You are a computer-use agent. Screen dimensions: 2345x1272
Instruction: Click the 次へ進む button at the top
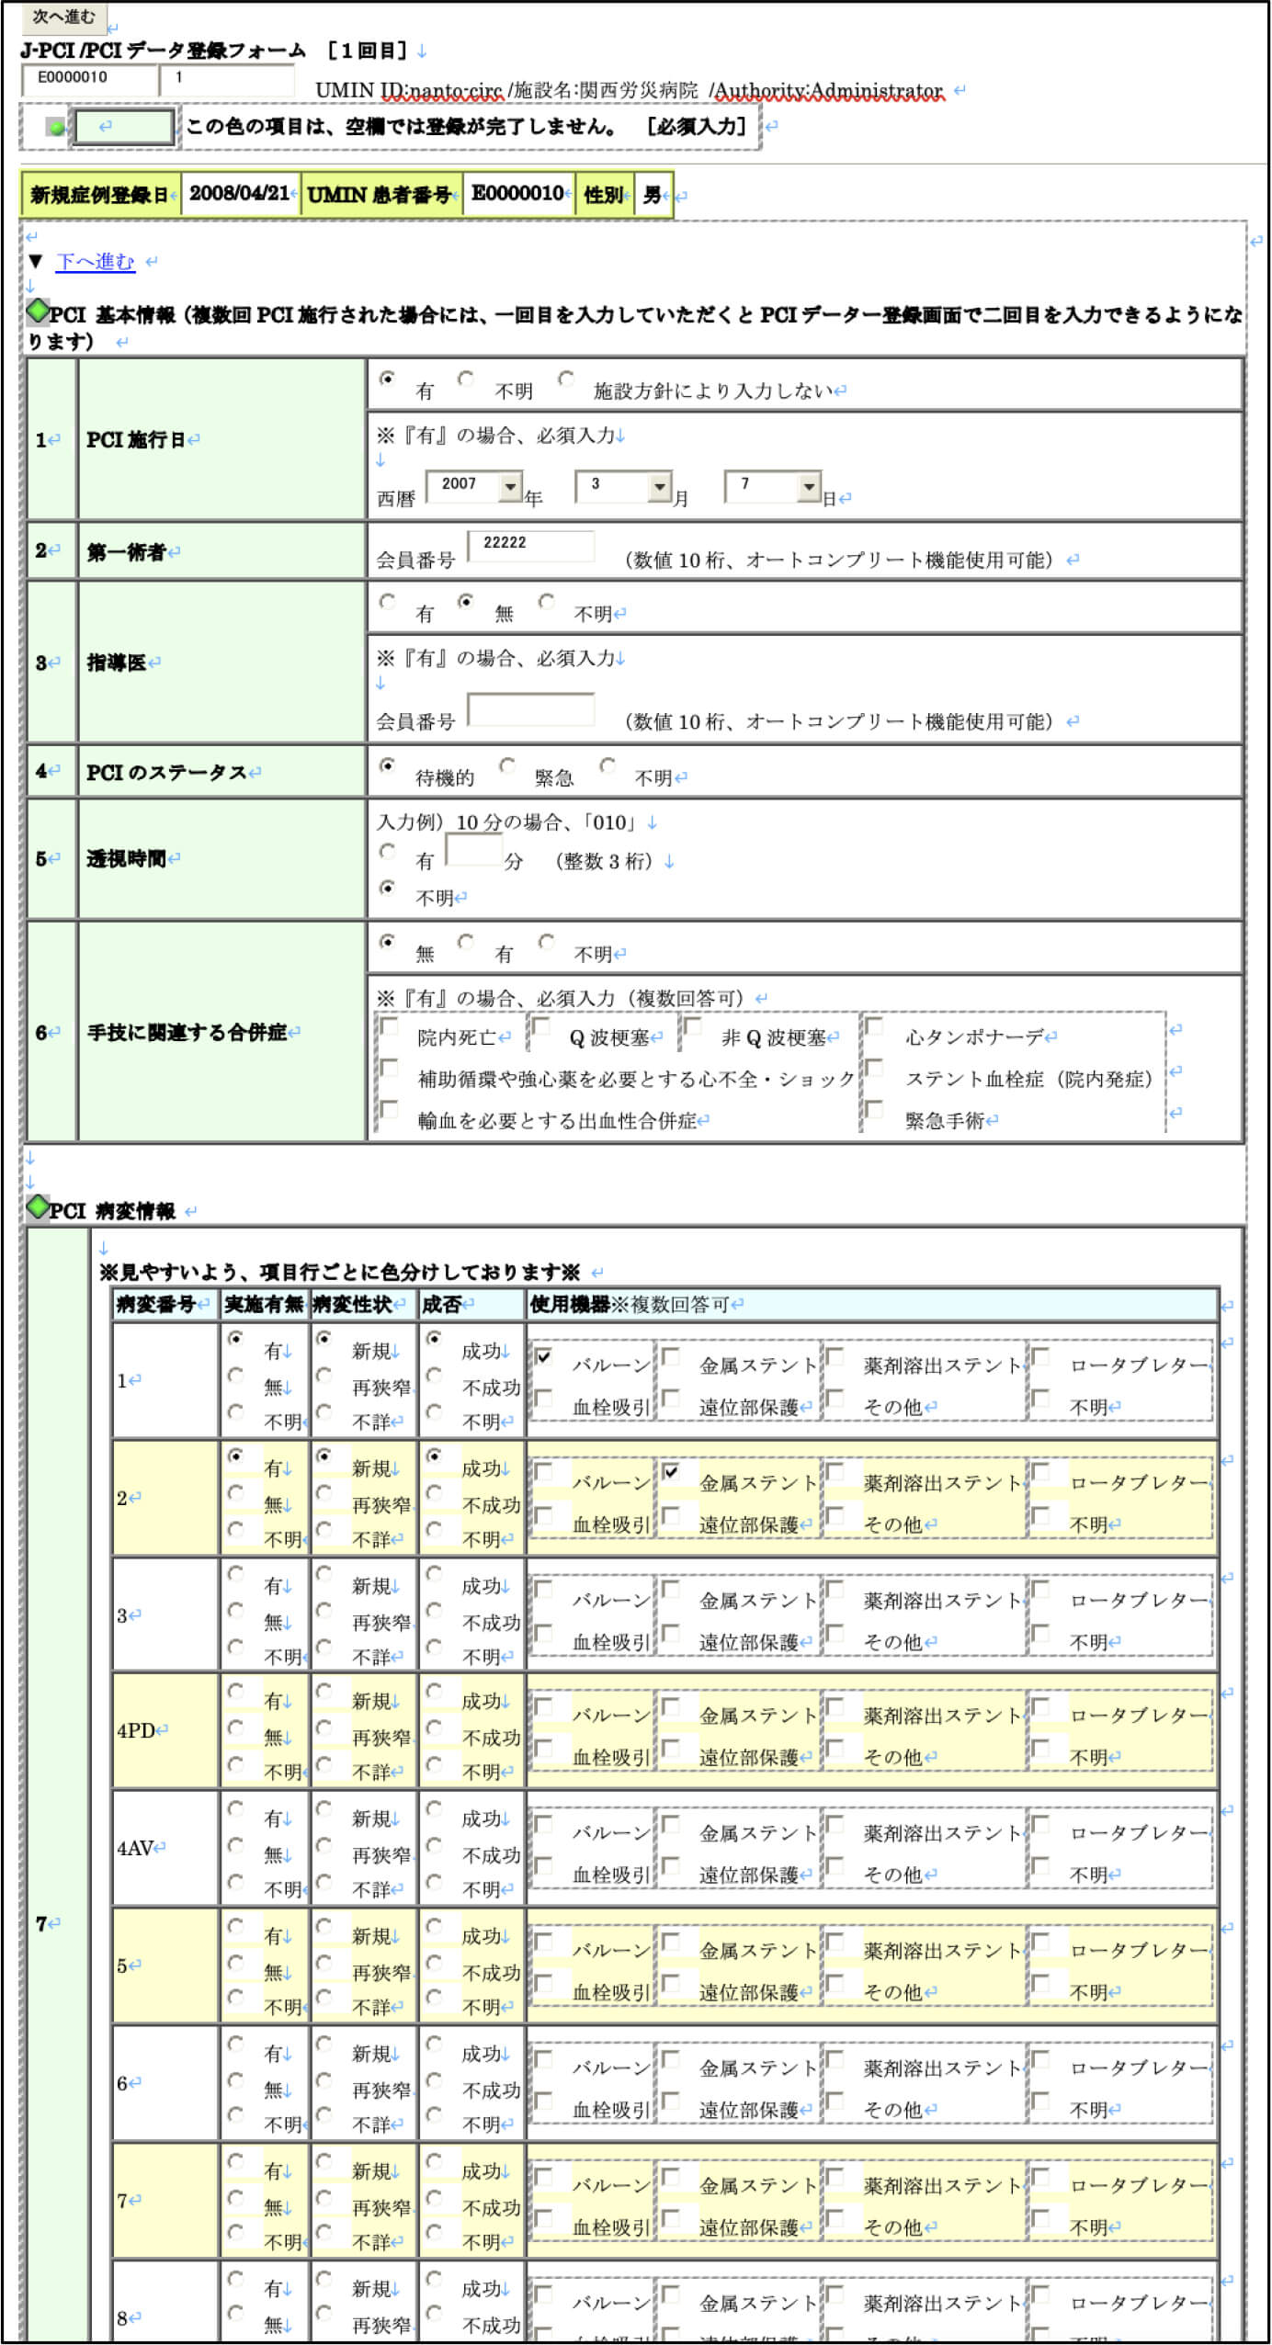point(63,17)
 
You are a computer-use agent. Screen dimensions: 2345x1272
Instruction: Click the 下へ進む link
point(95,261)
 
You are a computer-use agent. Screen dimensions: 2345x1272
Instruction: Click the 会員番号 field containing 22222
point(531,544)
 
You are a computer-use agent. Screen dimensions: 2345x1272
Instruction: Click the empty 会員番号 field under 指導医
point(531,709)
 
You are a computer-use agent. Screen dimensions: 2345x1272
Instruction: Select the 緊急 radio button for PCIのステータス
point(507,765)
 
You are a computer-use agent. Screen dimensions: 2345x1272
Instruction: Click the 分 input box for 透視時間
point(474,850)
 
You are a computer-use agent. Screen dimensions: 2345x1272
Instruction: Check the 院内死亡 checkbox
point(390,1026)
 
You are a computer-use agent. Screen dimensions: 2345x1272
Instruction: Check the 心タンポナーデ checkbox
point(875,1026)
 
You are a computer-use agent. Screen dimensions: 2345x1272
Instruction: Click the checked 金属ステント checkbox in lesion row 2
point(672,1472)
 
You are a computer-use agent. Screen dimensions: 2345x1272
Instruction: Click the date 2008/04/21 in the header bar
point(239,194)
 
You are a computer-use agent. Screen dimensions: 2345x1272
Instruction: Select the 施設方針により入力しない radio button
point(566,380)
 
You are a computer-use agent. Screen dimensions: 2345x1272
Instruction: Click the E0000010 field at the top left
point(88,79)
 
